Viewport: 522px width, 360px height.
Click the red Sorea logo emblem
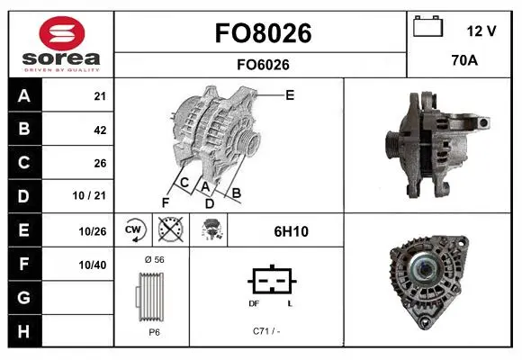coord(62,33)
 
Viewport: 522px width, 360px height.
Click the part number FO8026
coord(263,33)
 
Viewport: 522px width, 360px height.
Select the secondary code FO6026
coord(263,65)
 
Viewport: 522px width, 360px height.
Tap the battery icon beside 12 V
coord(427,26)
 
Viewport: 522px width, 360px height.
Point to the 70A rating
coord(464,60)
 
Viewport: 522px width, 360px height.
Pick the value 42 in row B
coord(100,130)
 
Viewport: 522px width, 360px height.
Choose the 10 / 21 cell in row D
coord(89,195)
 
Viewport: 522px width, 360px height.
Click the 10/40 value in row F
coord(93,265)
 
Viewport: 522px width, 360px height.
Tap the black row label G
coord(24,297)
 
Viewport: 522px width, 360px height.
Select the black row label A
coord(24,96)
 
